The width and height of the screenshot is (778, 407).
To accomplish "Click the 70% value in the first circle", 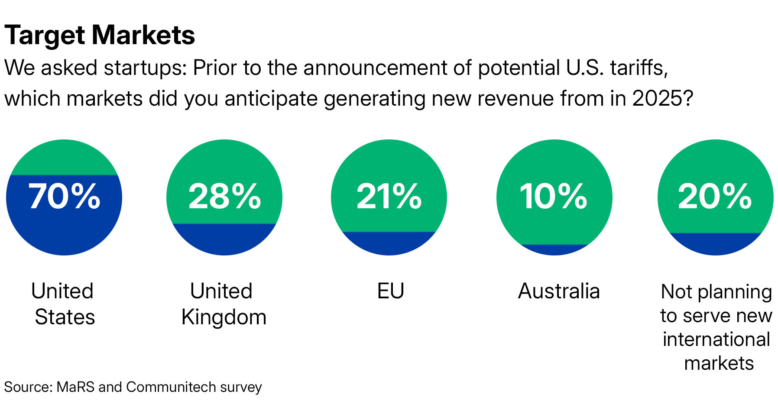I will (x=64, y=197).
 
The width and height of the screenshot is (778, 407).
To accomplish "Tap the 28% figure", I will (x=224, y=197).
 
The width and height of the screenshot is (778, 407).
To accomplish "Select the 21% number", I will (x=389, y=197).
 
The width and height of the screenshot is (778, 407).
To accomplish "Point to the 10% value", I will (x=554, y=197).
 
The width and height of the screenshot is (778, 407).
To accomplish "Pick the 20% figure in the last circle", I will (x=715, y=197).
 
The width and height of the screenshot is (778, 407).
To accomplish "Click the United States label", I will (x=64, y=304).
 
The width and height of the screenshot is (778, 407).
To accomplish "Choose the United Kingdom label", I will (x=223, y=304).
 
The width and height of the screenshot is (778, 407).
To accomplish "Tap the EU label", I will (x=390, y=291).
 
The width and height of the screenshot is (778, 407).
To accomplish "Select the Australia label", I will (x=559, y=291).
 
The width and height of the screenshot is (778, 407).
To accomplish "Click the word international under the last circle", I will (x=716, y=339).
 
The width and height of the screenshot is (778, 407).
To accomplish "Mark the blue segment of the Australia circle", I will (x=554, y=250).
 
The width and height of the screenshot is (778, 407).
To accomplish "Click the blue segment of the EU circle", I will (x=389, y=243).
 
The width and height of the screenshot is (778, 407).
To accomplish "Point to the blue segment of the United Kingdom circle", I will (x=224, y=239).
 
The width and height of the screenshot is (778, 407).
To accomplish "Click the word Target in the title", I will (x=45, y=36).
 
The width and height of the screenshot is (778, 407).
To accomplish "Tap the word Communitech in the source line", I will (x=171, y=387).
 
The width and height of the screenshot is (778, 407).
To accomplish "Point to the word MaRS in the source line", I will (x=75, y=387).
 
